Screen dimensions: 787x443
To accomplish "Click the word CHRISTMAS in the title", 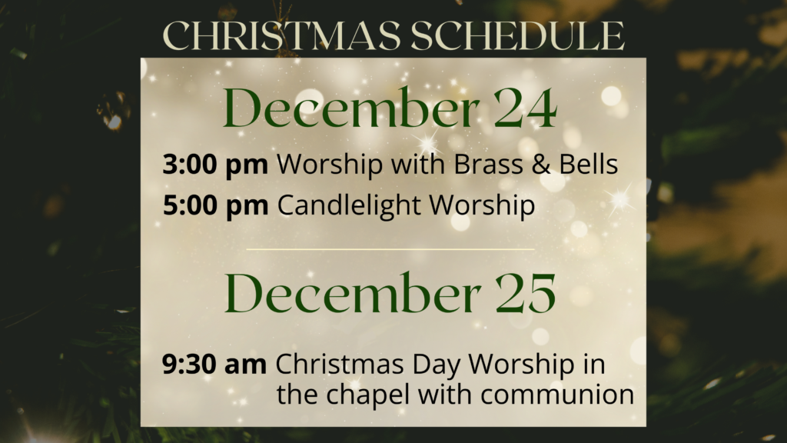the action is click(282, 35).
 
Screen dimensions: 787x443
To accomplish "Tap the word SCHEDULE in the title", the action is click(518, 35).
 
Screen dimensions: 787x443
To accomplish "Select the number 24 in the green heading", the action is click(526, 108).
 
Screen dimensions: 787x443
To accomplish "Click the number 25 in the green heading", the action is click(526, 294).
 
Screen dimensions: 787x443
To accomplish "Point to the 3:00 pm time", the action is click(215, 165).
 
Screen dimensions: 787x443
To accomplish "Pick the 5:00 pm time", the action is click(215, 205).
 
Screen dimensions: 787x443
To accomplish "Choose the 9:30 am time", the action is click(214, 364).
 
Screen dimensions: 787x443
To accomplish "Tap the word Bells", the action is click(589, 164).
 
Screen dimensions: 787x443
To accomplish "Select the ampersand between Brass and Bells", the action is click(541, 165).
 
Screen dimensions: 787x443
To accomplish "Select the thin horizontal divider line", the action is click(390, 249).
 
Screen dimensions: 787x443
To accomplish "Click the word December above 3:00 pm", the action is click(351, 108).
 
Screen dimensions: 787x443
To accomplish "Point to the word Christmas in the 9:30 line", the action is click(340, 364).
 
